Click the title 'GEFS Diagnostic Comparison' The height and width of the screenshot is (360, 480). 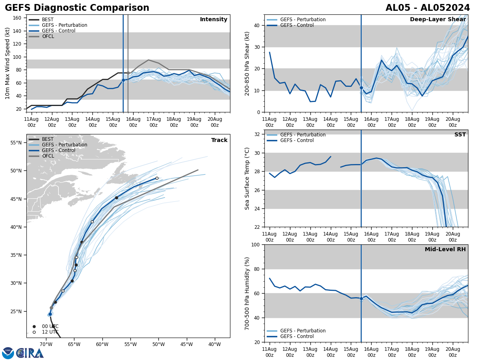click(77, 8)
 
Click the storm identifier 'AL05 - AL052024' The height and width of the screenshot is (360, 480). click(428, 8)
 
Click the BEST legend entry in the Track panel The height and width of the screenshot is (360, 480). click(48, 139)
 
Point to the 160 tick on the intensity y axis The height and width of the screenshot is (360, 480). click(18, 18)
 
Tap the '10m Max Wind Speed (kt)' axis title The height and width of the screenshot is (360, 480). click(8, 63)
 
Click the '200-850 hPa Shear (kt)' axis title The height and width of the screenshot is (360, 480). click(248, 63)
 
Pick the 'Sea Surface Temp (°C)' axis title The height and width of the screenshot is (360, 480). click(248, 178)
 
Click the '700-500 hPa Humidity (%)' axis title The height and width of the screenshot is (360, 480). click(248, 293)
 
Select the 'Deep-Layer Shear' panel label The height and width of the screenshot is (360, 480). click(438, 20)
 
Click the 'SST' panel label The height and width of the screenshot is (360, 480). click(460, 135)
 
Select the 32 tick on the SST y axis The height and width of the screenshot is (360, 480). click(258, 134)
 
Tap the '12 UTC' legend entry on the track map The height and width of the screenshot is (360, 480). click(50, 332)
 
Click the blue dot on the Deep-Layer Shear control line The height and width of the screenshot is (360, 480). click(361, 88)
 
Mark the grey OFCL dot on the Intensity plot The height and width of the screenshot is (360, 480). click(128, 73)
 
